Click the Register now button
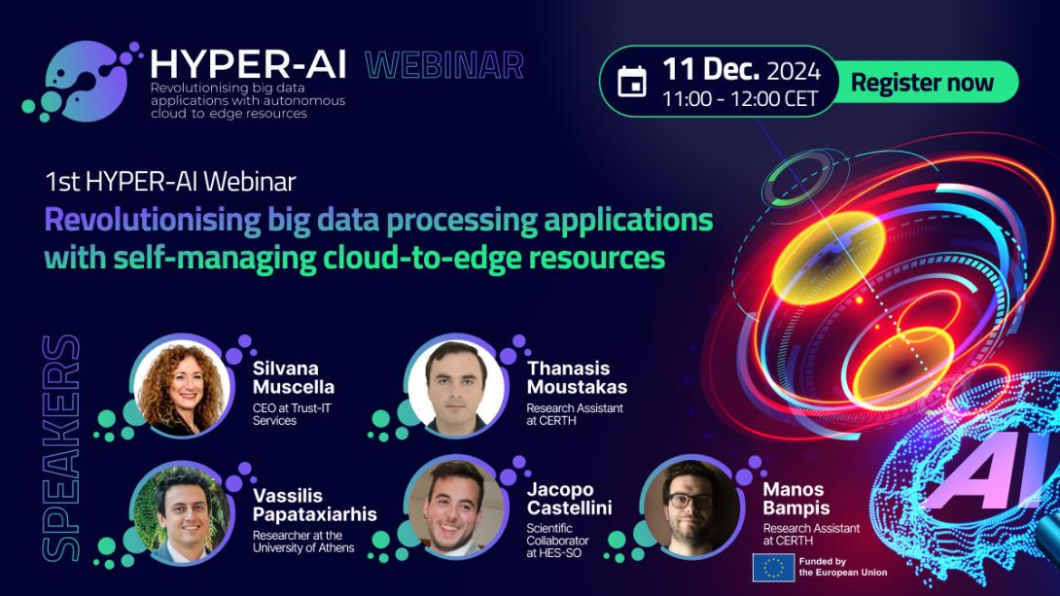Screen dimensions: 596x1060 click(x=922, y=82)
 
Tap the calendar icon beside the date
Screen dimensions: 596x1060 click(x=632, y=82)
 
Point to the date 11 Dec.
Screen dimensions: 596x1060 click(x=710, y=70)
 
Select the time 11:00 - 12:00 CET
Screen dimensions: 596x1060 click(x=739, y=99)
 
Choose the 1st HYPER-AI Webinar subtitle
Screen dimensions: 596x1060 click(x=170, y=181)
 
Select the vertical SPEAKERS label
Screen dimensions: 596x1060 click(x=61, y=447)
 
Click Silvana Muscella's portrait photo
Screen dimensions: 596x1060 click(x=180, y=387)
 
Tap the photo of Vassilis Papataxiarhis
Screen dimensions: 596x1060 click(x=180, y=512)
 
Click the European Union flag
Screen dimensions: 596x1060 click(x=773, y=567)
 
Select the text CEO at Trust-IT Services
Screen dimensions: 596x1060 click(x=291, y=414)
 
